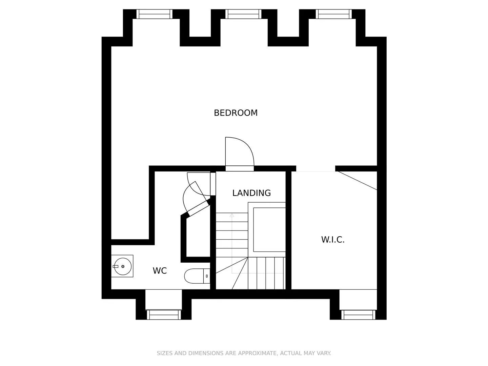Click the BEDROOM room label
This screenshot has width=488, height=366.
click(x=236, y=113)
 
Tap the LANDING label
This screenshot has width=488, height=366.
click(x=251, y=193)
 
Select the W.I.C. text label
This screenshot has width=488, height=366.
click(x=333, y=240)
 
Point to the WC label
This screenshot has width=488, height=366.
click(x=160, y=271)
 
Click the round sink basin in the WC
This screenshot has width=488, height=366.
click(x=123, y=266)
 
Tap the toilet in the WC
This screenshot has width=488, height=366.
click(x=197, y=276)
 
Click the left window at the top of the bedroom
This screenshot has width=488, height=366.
click(x=154, y=14)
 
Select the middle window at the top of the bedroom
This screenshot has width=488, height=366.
click(x=243, y=14)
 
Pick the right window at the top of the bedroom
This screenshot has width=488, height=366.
click(x=334, y=14)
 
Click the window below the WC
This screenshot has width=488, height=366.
click(x=164, y=315)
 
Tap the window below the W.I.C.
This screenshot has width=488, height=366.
click(x=358, y=315)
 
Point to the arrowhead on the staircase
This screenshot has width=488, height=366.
click(x=232, y=215)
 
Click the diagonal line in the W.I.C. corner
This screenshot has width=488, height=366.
click(x=357, y=181)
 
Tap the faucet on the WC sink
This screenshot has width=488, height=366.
click(x=116, y=266)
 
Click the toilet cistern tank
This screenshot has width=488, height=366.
click(x=207, y=276)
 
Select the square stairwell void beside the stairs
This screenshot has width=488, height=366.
click(x=269, y=230)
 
